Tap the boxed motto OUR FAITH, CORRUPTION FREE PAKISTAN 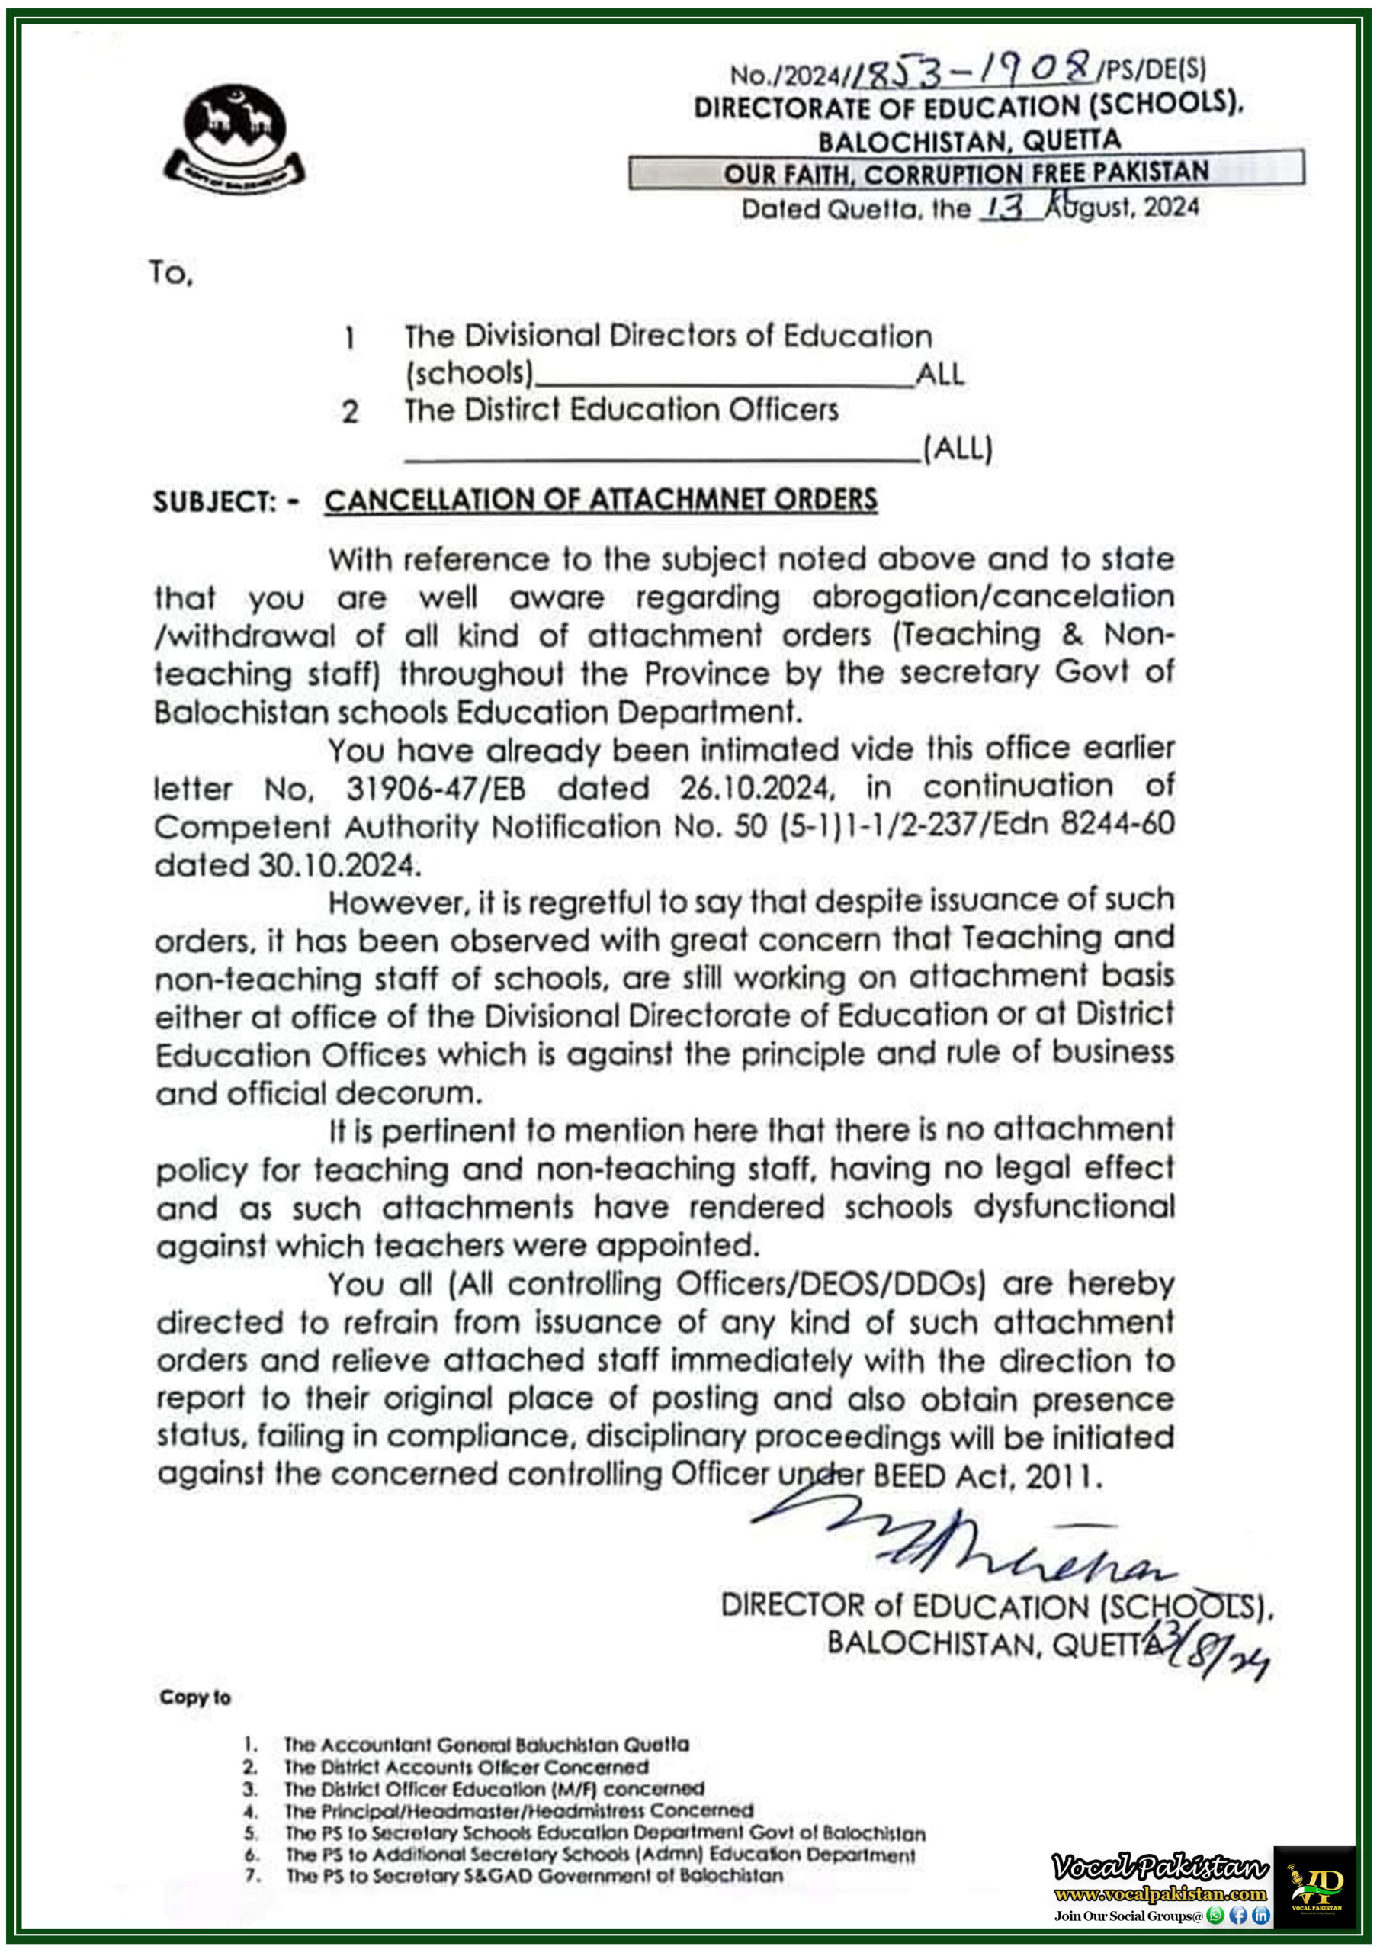pos(966,172)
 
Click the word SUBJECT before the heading pos(214,502)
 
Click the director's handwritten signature pos(961,1546)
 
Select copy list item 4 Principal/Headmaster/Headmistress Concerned pos(518,1811)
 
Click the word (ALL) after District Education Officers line pos(958,449)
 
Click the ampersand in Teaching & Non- pos(1072,635)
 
